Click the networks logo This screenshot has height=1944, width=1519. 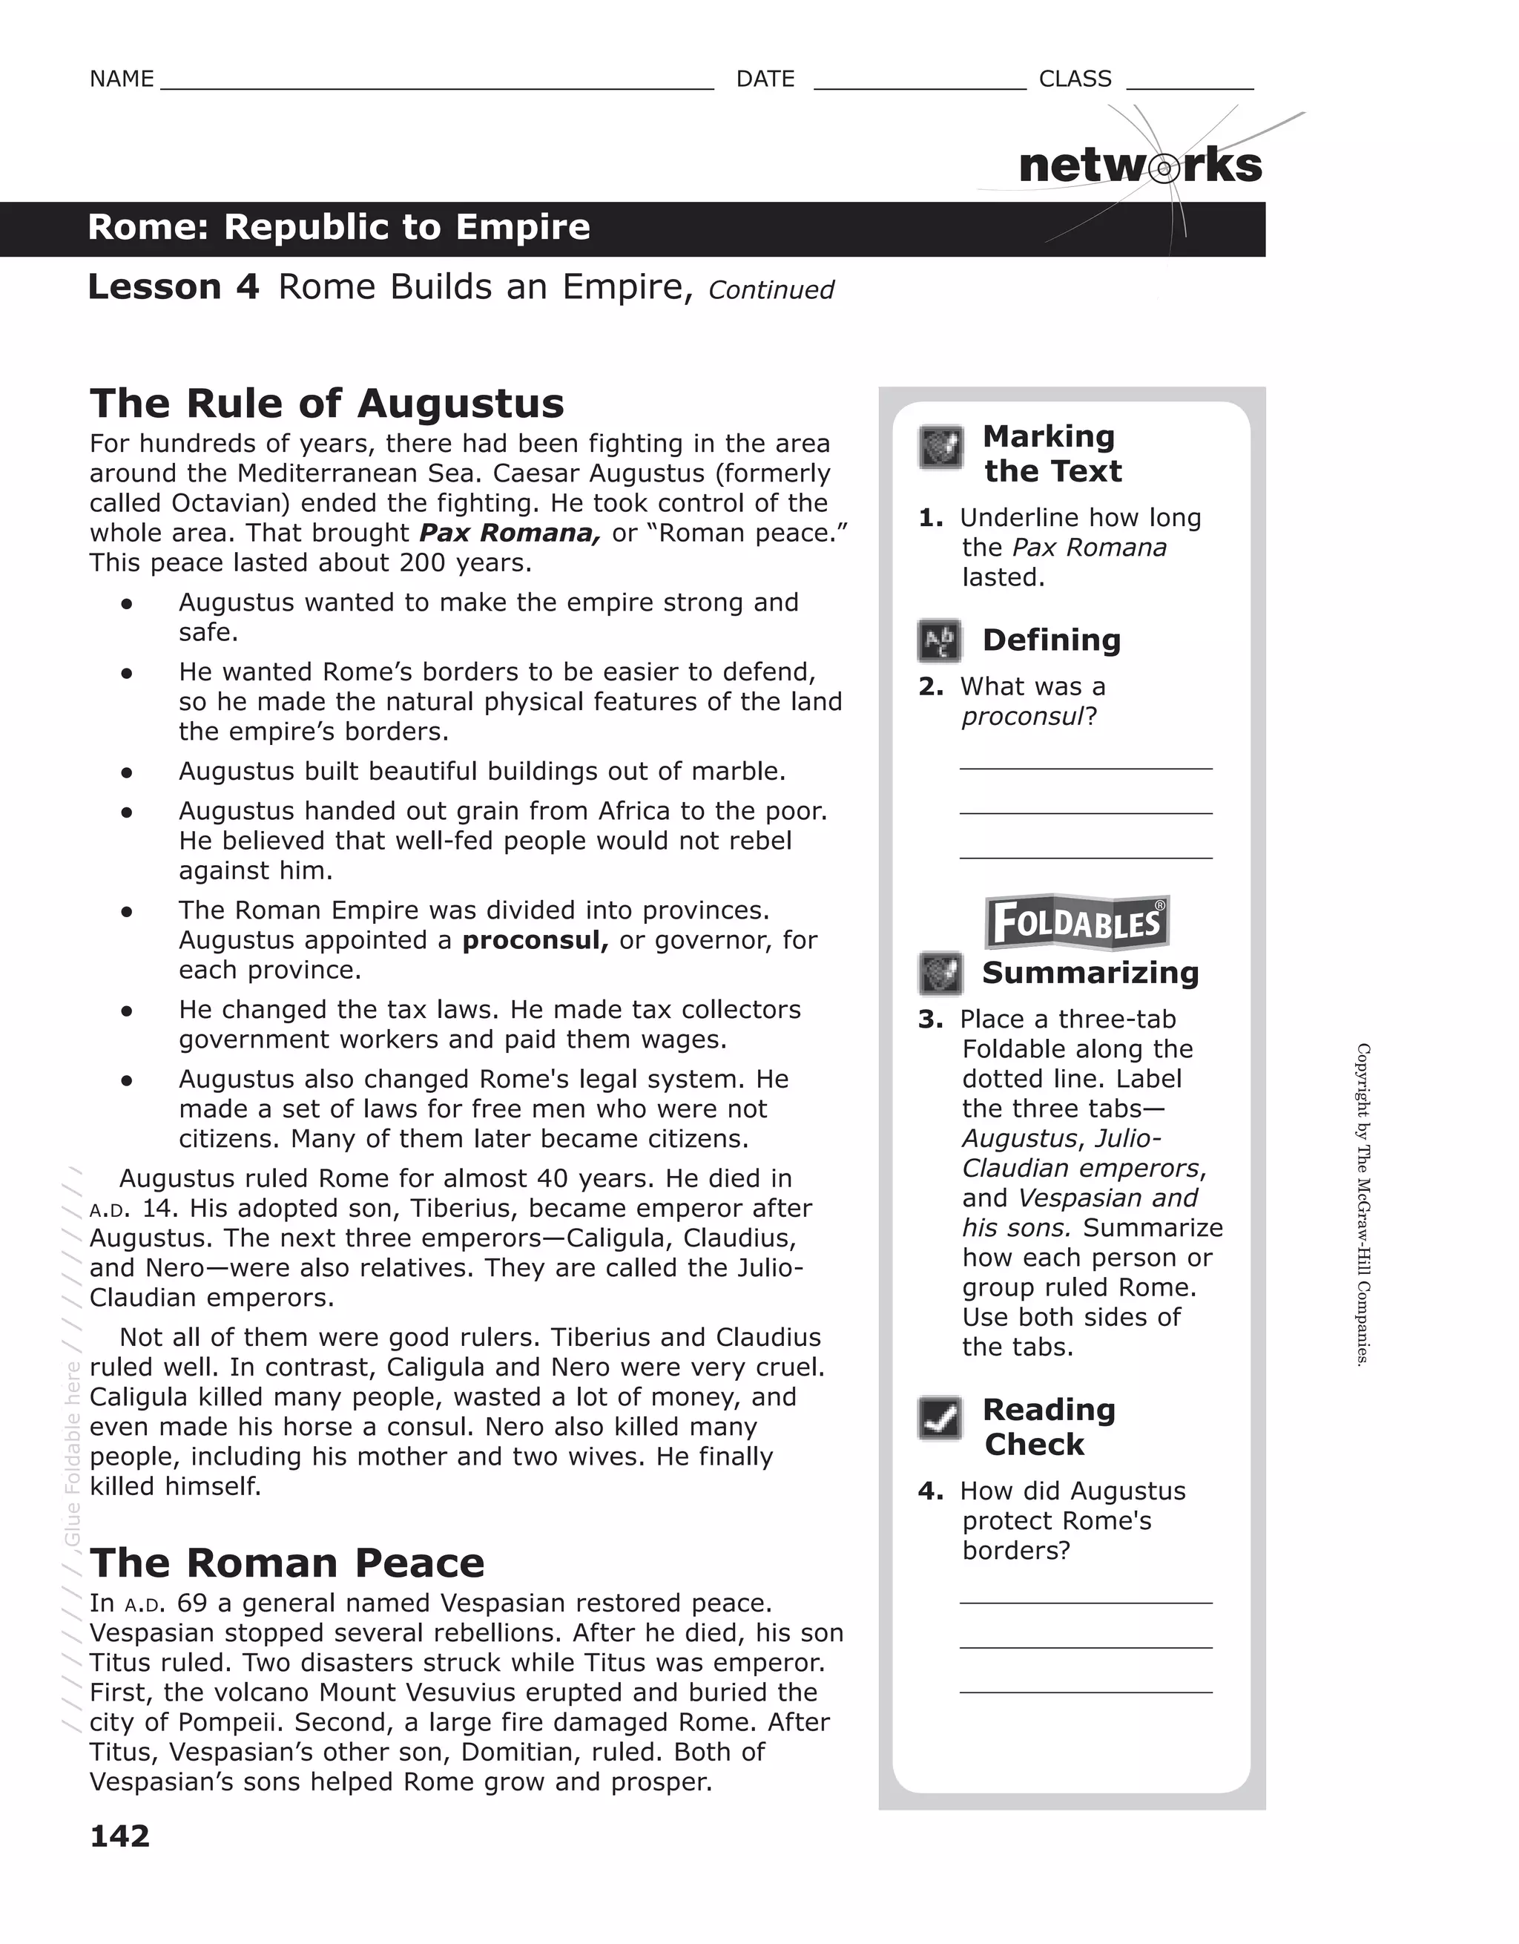[x=1140, y=166]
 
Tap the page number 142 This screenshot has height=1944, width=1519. [x=120, y=1836]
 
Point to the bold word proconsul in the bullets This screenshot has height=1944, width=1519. [x=535, y=940]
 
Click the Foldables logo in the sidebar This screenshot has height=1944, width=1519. [x=1077, y=923]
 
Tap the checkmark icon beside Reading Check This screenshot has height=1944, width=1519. [x=940, y=1418]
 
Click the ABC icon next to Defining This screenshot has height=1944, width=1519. [x=940, y=641]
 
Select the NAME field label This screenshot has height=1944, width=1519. [x=122, y=79]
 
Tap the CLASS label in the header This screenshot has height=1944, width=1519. [x=1075, y=79]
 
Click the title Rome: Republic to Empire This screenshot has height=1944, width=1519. [x=339, y=227]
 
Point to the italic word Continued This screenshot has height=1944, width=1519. [x=771, y=290]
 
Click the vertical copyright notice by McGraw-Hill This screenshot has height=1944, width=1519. [x=1363, y=1204]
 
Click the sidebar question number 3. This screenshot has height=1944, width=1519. [x=930, y=1020]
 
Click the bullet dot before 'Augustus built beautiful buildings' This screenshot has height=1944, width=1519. [x=128, y=772]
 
